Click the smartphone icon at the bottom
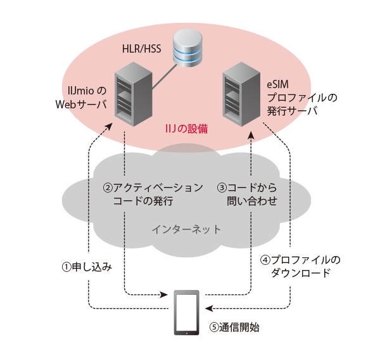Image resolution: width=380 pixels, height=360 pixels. (x=186, y=313)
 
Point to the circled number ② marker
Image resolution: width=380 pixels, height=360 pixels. (x=108, y=188)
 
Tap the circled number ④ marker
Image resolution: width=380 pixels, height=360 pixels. (x=265, y=260)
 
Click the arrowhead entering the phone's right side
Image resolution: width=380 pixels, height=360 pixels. (x=210, y=309)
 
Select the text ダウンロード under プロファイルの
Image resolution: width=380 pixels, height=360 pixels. (x=301, y=274)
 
